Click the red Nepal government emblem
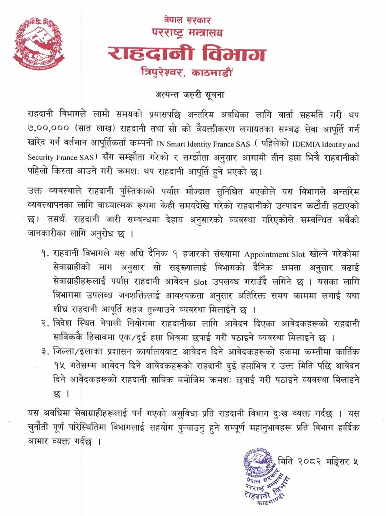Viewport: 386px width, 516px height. click(38, 43)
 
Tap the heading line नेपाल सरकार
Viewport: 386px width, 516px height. click(187, 20)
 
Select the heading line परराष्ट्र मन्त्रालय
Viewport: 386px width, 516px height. click(187, 32)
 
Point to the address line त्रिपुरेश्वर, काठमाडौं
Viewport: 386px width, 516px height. click(187, 72)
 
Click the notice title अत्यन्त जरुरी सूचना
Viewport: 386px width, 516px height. click(189, 95)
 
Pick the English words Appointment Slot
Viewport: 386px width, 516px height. click(274, 254)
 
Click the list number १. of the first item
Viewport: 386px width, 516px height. click(45, 254)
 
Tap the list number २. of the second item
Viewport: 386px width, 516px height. click(45, 324)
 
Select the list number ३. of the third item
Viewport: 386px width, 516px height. click(45, 352)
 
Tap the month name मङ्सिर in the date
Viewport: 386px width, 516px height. click(336, 462)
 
